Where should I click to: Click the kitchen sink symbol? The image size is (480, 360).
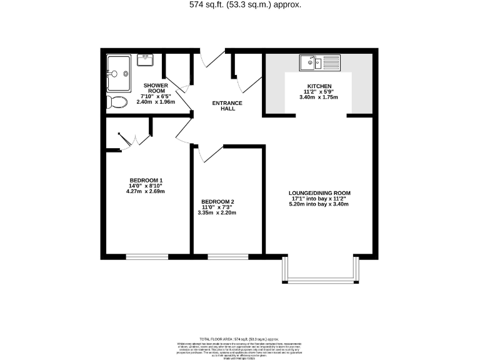point(319,62)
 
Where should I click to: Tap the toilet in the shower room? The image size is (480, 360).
point(117,102)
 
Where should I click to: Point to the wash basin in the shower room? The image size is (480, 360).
point(145,61)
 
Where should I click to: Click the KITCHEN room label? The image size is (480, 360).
point(319,86)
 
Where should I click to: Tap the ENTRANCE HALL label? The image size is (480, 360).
point(227,106)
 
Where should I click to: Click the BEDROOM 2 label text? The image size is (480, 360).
point(218,201)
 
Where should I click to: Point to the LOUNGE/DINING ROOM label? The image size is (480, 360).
point(319,192)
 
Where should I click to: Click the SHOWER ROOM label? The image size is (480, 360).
point(156,88)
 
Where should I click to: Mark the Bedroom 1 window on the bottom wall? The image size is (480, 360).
point(147,256)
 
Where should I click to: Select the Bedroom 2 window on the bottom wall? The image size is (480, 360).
point(227,256)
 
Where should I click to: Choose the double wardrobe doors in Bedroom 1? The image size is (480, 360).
point(134,139)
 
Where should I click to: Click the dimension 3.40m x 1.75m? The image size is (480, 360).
point(319,97)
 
